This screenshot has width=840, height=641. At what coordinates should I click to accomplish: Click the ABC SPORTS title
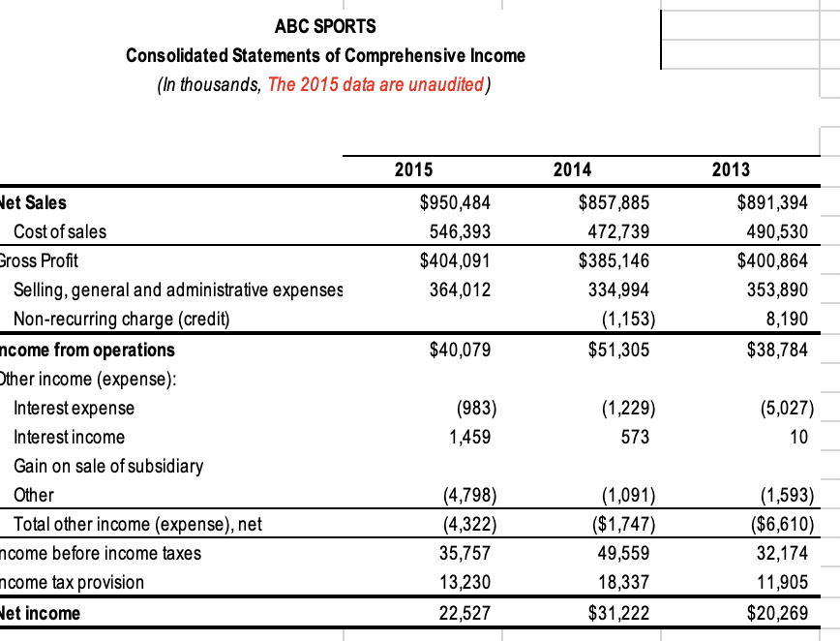[x=325, y=25]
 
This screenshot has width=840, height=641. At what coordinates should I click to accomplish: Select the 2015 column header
[x=413, y=169]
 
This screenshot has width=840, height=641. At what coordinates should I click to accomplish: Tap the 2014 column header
[x=572, y=169]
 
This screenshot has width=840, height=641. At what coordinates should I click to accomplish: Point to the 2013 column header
[x=731, y=169]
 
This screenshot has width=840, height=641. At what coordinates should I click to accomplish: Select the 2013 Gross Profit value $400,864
[x=772, y=260]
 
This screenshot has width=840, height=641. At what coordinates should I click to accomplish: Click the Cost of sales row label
[x=60, y=231]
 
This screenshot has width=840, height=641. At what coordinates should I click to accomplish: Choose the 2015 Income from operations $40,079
[x=460, y=350]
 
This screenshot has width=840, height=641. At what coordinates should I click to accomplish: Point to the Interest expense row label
[x=74, y=408]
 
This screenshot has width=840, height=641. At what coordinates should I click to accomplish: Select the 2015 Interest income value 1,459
[x=469, y=437]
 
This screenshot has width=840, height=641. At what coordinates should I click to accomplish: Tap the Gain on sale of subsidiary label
[x=108, y=466]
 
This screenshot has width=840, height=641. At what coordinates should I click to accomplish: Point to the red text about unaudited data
[x=375, y=84]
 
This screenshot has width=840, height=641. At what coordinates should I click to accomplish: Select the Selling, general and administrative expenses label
[x=178, y=290]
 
